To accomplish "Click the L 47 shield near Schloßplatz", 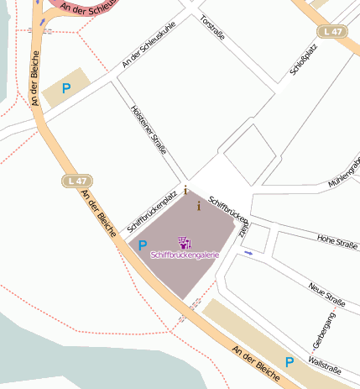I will (x=332, y=31).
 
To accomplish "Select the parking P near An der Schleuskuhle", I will (x=66, y=87).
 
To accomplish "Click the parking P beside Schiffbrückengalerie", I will (x=142, y=245).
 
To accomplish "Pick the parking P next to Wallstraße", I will (x=290, y=362).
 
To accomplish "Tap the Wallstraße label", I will (x=325, y=365).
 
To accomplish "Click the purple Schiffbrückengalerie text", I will (x=185, y=254).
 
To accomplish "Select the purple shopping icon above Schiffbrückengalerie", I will (x=185, y=243).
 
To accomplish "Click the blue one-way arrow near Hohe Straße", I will (x=248, y=252).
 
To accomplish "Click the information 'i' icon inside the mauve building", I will (x=198, y=206).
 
